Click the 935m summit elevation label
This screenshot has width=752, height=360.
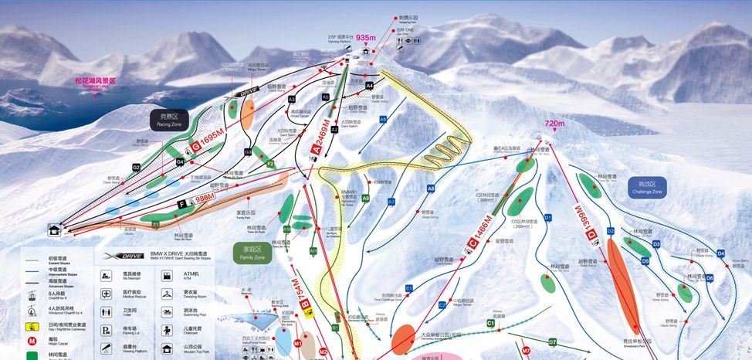pyautogui.click(x=366, y=37)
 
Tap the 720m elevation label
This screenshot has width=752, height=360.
pyautogui.click(x=554, y=123)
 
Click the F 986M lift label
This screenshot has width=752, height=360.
pyautogui.click(x=196, y=202)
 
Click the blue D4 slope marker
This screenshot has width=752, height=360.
pyautogui.click(x=720, y=253)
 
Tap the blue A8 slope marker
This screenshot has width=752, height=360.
pyautogui.click(x=431, y=188)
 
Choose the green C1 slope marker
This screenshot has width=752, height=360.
pyautogui.click(x=490, y=324)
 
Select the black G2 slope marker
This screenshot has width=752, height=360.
pyautogui.click(x=136, y=167)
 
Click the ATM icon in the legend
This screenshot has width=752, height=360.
pyautogui.click(x=168, y=274)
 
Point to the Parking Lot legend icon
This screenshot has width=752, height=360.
pyautogui.click(x=105, y=330)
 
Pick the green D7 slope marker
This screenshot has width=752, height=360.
pyautogui.click(x=553, y=341)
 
